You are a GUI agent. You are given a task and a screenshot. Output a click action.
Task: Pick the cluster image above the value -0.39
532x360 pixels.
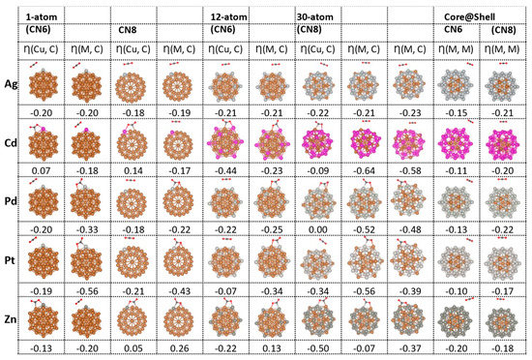(x=412, y=262)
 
